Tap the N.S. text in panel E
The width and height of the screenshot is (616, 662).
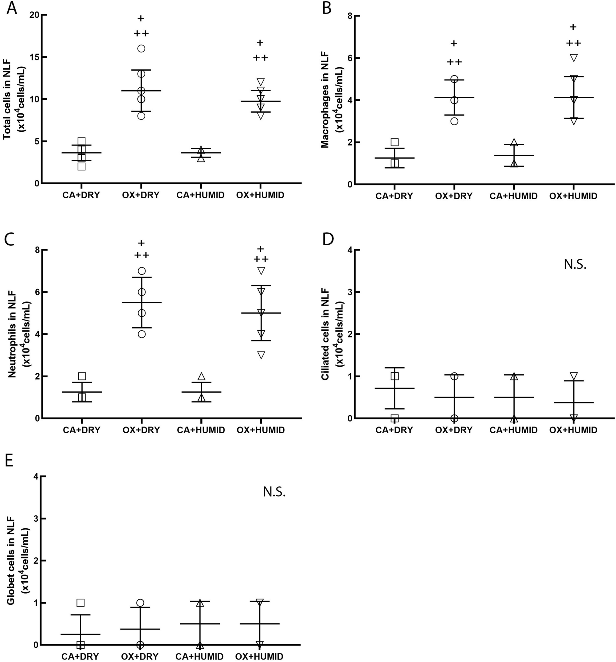point(274,492)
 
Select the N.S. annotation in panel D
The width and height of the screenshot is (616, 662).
point(575,264)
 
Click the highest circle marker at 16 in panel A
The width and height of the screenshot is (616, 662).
point(141,49)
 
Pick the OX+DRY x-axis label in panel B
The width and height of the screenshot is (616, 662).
point(454,196)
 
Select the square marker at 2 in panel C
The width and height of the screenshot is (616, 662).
point(82,376)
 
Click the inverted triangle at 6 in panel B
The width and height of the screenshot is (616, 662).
point(573,58)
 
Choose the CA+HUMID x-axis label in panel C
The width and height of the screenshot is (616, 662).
point(201,430)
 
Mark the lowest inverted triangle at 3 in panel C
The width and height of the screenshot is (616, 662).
point(261,355)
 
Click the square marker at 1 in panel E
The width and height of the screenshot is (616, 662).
point(80,603)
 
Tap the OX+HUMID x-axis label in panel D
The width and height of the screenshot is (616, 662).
point(573,430)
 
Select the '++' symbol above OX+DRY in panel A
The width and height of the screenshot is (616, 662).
point(141,33)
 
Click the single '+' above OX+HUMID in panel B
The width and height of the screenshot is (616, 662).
point(573,27)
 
